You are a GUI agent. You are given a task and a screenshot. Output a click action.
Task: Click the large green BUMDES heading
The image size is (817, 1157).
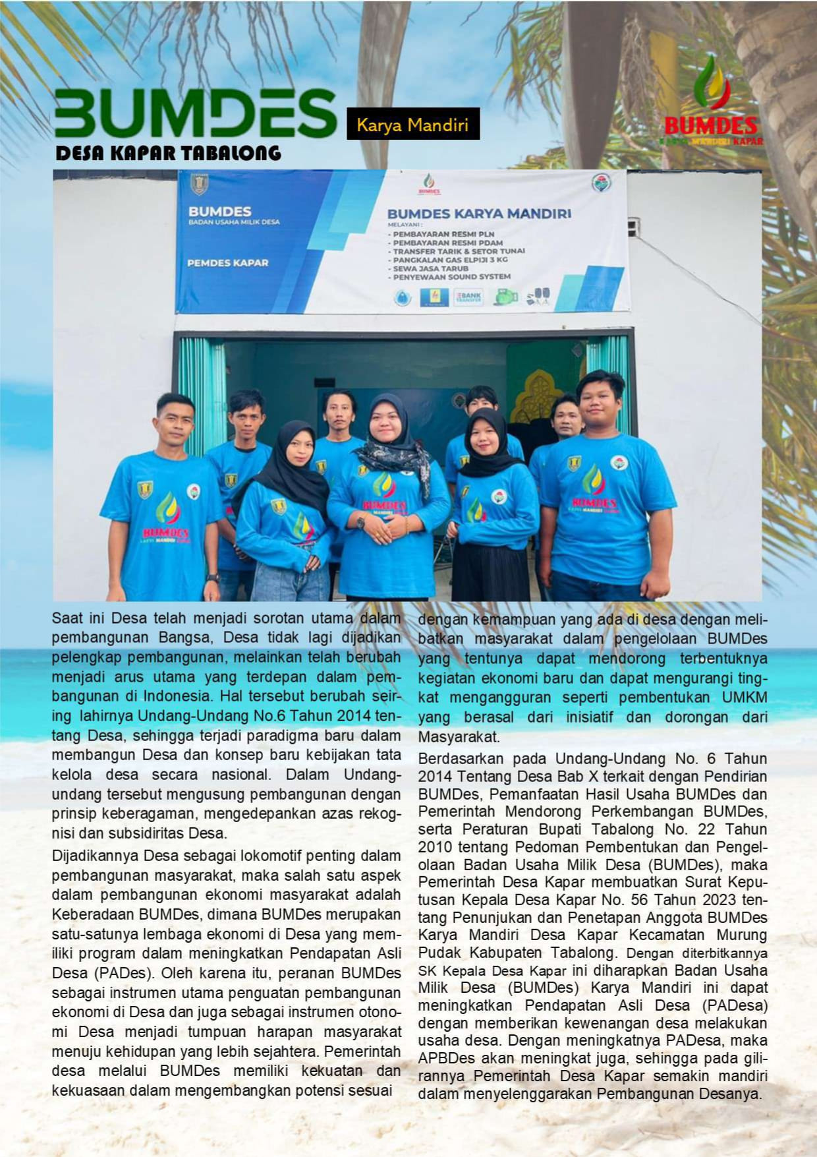195,113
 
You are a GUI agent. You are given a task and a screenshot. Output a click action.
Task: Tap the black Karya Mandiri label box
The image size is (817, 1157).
413,124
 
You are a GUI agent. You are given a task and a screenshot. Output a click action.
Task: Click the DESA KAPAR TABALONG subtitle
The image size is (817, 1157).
169,154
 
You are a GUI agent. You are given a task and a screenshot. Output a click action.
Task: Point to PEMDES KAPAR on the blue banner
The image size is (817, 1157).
228,263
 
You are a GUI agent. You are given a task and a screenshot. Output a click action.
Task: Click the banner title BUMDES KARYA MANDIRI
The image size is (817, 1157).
479,214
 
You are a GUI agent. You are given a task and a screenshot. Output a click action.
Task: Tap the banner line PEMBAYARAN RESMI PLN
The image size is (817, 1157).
443,234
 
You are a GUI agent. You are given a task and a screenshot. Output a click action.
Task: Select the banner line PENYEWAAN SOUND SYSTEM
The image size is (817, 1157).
451,277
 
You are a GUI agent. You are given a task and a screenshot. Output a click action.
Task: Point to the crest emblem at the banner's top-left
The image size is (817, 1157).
199,184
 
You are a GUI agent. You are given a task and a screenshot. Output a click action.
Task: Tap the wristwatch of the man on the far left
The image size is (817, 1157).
212,578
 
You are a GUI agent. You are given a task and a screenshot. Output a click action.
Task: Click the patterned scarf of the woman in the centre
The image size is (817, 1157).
393,455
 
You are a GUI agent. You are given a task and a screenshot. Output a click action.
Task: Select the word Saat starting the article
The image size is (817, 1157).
68,619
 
